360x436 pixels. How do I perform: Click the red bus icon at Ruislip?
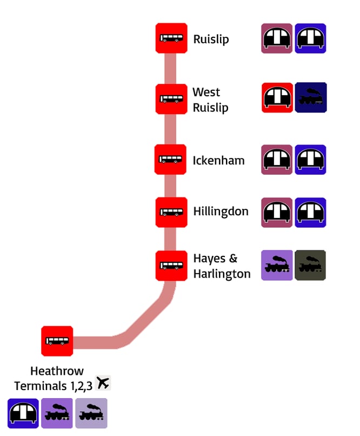pyautogui.click(x=171, y=38)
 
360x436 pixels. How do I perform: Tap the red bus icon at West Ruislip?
pyautogui.click(x=171, y=99)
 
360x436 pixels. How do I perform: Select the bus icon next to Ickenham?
pyautogui.click(x=170, y=160)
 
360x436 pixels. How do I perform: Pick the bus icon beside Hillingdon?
pyautogui.click(x=171, y=212)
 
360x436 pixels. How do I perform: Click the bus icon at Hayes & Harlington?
pyautogui.click(x=171, y=266)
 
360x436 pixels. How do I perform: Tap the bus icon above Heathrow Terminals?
pyautogui.click(x=57, y=341)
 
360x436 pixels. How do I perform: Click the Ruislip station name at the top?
pyautogui.click(x=211, y=39)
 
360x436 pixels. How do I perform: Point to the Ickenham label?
pyautogui.click(x=218, y=161)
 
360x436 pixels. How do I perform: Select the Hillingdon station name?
pyautogui.click(x=221, y=212)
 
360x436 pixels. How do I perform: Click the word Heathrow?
pyautogui.click(x=57, y=371)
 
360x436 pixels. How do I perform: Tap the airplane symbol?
pyautogui.click(x=103, y=383)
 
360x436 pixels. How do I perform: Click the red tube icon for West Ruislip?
pyautogui.click(x=277, y=97)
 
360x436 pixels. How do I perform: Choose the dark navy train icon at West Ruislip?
pyautogui.click(x=311, y=97)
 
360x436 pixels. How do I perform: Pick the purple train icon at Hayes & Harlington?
pyautogui.click(x=277, y=265)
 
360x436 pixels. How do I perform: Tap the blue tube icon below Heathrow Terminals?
pyautogui.click(x=23, y=413)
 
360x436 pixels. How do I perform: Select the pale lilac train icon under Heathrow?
pyautogui.click(x=91, y=413)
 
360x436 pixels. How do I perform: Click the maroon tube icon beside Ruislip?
pyautogui.click(x=277, y=38)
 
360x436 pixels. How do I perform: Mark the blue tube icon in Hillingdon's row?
pyautogui.click(x=311, y=212)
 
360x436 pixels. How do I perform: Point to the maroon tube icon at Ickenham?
pyautogui.click(x=277, y=160)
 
